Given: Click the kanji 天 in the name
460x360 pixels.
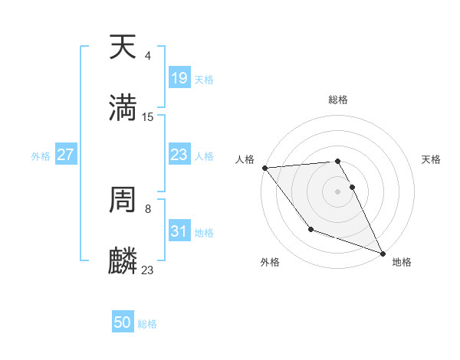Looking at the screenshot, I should [x=123, y=47].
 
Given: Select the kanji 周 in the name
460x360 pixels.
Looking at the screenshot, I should [x=123, y=201].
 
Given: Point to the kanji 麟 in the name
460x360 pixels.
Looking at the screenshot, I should [x=123, y=260].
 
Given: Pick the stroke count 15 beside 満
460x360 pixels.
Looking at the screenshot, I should [x=148, y=116].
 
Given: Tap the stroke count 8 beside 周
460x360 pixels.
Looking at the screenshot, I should [x=148, y=208].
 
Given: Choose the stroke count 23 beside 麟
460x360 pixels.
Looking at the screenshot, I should [x=148, y=270].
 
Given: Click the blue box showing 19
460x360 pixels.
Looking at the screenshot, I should [x=179, y=78].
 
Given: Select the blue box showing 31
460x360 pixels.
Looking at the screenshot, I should [x=179, y=231].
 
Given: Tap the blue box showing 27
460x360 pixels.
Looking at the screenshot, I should [x=66, y=155].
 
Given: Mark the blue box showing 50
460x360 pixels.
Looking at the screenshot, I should [x=123, y=322].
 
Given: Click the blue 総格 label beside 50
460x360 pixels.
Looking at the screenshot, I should [x=147, y=324].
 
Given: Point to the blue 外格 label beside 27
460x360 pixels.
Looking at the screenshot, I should [x=41, y=155].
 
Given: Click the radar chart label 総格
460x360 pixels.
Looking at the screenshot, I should [x=338, y=100].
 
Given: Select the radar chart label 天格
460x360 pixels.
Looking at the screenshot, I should [x=431, y=159].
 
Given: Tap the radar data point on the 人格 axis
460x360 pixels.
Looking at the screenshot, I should [x=264, y=168].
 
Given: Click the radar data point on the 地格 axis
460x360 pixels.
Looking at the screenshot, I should [x=382, y=252].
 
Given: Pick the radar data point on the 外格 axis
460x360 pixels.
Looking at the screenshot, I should [x=310, y=229].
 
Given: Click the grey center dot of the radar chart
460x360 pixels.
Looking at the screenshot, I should [x=338, y=191].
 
